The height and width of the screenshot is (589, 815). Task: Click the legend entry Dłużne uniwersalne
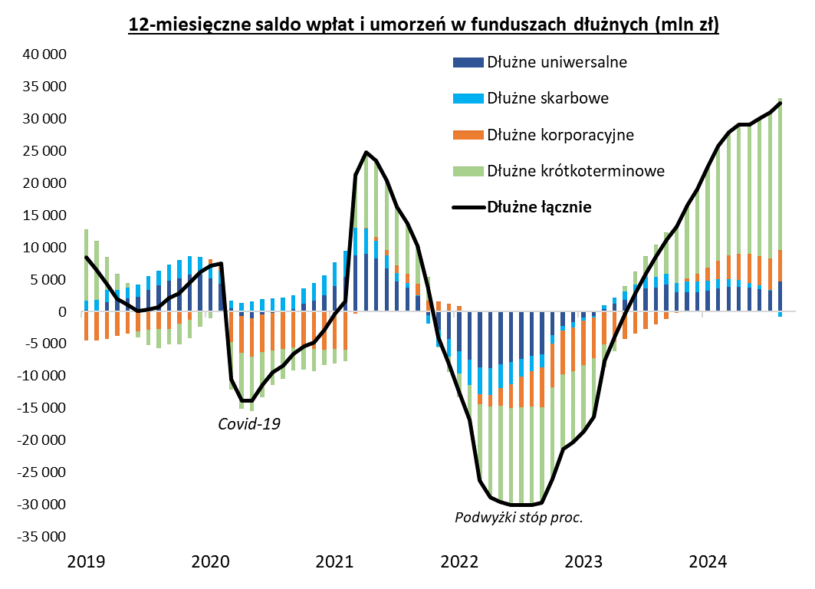tap(557, 62)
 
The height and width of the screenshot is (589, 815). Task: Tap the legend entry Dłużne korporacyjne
tap(560, 135)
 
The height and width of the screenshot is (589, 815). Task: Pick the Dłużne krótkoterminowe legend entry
tap(575, 170)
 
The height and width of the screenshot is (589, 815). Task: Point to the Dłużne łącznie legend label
tap(539, 206)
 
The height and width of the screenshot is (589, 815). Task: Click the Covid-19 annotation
tap(250, 423)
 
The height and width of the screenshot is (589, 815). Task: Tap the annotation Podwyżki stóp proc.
tap(519, 518)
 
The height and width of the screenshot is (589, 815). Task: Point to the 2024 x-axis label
tap(708, 562)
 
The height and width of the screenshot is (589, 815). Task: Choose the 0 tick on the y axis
tap(63, 312)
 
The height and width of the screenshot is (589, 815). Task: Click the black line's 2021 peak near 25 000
tap(366, 152)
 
